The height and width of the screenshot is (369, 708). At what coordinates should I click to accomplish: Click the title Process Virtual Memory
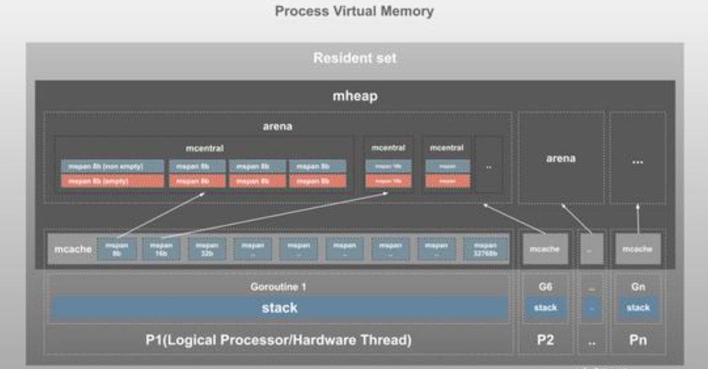pos(354,11)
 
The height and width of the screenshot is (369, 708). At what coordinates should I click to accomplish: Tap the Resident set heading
pos(355,58)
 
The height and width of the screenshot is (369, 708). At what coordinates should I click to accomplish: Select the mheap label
pos(355,96)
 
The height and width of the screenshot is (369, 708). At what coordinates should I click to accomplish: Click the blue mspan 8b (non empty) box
pos(112,166)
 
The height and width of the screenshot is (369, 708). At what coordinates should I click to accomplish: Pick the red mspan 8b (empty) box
pos(112,181)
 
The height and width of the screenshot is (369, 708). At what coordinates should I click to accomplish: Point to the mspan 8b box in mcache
pos(117,249)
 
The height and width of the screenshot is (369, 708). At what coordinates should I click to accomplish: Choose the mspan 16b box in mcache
pos(161,249)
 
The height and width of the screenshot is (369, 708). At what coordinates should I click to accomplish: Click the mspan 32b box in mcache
pos(207,249)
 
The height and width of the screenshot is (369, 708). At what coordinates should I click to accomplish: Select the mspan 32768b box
pos(485,249)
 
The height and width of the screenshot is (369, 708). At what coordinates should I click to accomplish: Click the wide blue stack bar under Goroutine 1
pos(279,308)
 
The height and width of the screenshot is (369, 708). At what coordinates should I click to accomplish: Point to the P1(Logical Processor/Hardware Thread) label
pos(279,341)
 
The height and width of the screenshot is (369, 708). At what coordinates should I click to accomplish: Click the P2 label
pos(545,341)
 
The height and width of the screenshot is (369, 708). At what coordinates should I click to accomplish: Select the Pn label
pos(637,341)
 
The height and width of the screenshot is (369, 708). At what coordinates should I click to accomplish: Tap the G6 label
pos(545,287)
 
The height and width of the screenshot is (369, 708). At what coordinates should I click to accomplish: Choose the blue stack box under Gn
pos(637,308)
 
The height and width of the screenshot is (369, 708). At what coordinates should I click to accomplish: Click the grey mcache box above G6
pos(545,249)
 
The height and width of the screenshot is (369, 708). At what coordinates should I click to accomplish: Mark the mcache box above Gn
pos(637,249)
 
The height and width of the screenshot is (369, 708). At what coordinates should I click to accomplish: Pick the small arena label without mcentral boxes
pos(561,159)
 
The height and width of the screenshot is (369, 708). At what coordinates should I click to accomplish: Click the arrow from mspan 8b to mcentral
pos(164,214)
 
